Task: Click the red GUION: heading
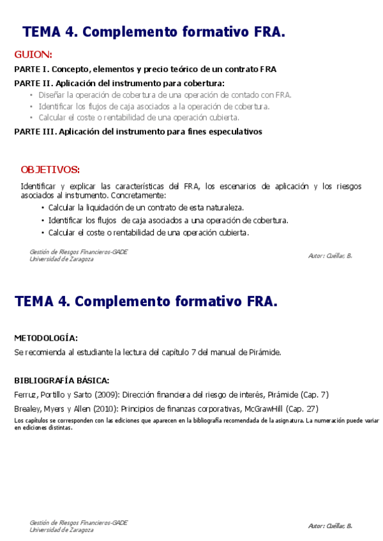(33, 54)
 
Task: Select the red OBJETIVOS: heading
(50, 170)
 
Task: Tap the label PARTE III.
(35, 132)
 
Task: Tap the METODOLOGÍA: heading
(46, 337)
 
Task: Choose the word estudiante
(98, 352)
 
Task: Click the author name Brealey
(26, 408)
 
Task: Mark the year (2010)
(105, 408)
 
